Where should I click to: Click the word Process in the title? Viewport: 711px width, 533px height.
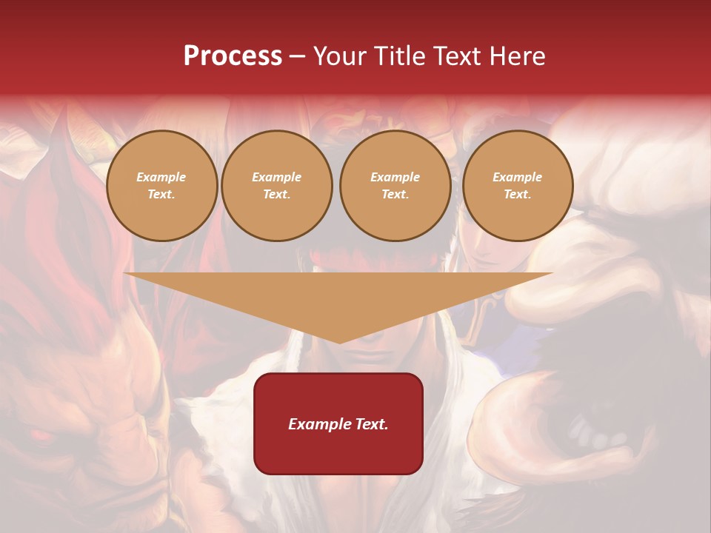tap(233, 56)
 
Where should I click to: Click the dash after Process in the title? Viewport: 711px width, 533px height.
tap(297, 57)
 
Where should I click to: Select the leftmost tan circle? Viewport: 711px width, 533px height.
tap(162, 186)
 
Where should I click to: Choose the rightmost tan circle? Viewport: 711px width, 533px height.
tap(518, 186)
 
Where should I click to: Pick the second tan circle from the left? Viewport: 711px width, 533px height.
tap(277, 186)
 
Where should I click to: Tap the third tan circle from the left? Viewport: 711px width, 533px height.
tap(395, 186)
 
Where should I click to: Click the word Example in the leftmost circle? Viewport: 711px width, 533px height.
tap(161, 177)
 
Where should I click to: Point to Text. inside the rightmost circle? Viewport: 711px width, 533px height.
tap(518, 195)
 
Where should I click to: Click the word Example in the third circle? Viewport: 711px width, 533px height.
tap(395, 177)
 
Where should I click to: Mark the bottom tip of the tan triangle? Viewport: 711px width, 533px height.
tap(339, 343)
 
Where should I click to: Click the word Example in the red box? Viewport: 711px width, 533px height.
tap(319, 424)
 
